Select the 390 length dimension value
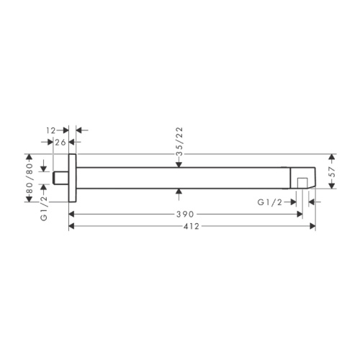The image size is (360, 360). coord(185,214)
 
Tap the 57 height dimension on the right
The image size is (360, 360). coord(332,171)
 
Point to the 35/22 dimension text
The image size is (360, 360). coord(179,142)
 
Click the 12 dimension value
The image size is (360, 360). coord(51,130)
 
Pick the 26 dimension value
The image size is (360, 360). coord(60,143)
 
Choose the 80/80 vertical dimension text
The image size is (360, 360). coord(30,179)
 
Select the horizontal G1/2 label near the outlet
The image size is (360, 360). coord(270,202)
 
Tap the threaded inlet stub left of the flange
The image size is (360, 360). coord(60,178)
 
